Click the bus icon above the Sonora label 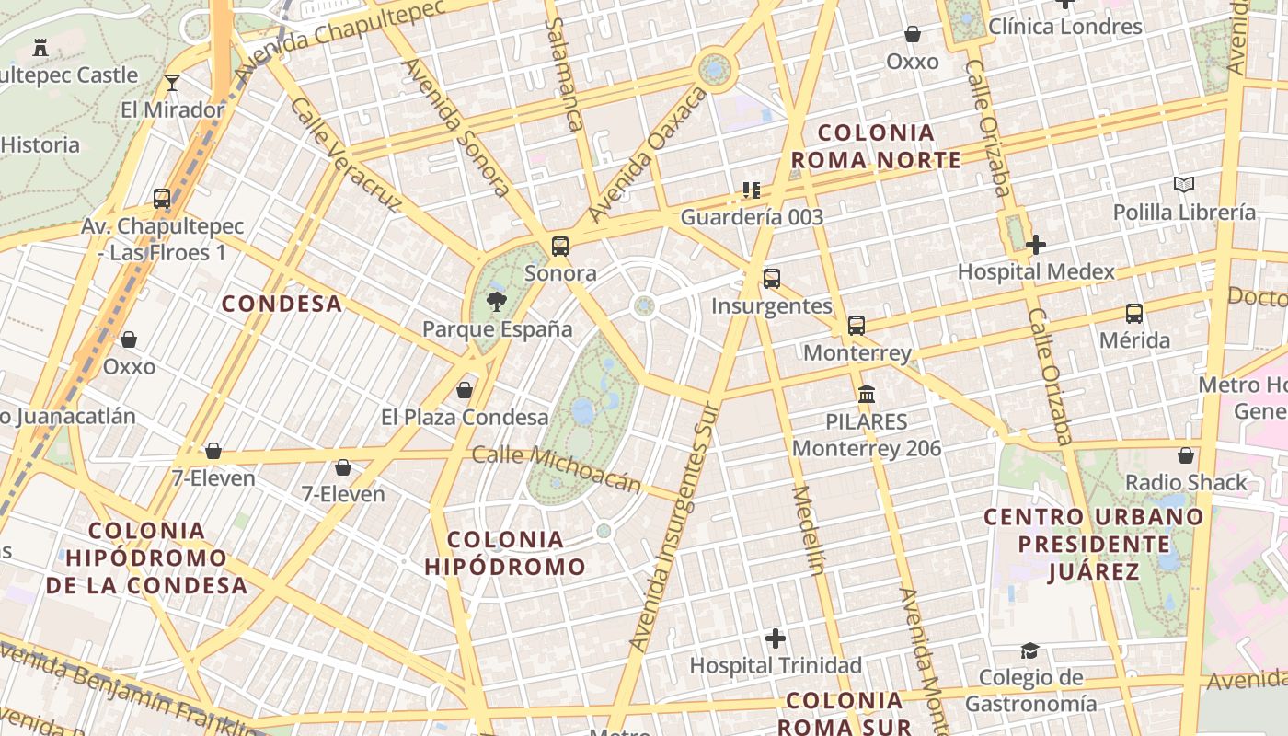click(x=559, y=247)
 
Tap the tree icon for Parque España click(x=497, y=301)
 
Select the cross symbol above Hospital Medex click(x=1036, y=245)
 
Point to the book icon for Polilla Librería click(x=1184, y=185)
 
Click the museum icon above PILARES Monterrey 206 click(x=866, y=395)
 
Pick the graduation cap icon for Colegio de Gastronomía click(x=1030, y=651)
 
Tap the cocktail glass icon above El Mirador click(x=172, y=83)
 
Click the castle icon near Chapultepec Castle click(x=40, y=47)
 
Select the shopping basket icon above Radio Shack click(x=1186, y=455)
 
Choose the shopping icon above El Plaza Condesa click(x=465, y=390)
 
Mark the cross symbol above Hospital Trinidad click(x=776, y=638)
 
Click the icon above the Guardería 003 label click(x=752, y=190)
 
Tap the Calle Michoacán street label click(x=556, y=468)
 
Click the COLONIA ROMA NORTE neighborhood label click(x=876, y=146)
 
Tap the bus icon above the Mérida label click(x=1134, y=314)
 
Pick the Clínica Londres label click(x=1065, y=27)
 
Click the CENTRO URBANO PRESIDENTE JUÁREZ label click(x=1094, y=544)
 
